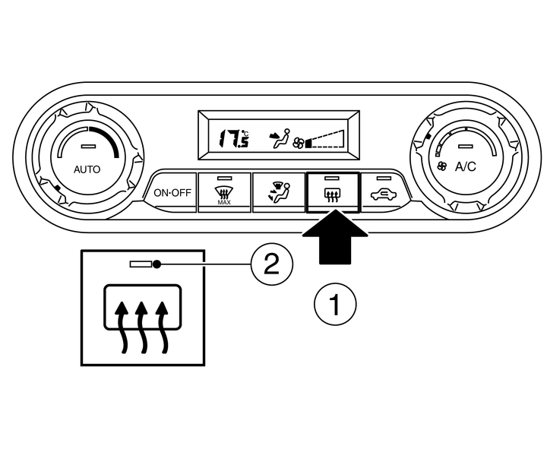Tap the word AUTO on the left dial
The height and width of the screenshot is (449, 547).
86,169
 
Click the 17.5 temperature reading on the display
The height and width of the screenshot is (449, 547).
232,138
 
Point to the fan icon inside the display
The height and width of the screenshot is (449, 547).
299,142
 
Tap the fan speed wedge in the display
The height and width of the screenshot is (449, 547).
326,139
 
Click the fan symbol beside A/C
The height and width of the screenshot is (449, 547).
442,166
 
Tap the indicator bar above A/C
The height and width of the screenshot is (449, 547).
465,144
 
